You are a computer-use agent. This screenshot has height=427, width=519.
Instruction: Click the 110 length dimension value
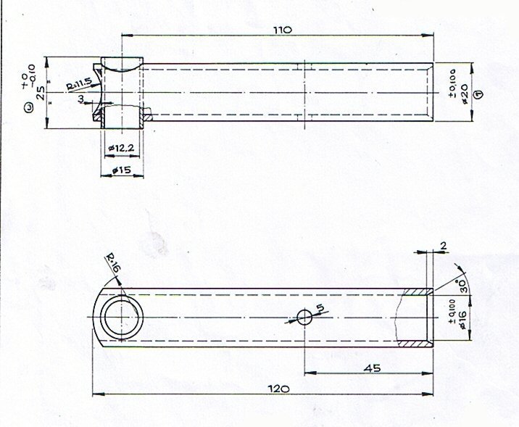pos(282,30)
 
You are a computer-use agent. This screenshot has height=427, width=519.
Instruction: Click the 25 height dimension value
pos(40,93)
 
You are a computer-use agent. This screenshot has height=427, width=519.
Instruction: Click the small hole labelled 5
pos(305,316)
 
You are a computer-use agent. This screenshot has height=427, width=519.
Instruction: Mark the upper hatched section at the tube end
pos(418,291)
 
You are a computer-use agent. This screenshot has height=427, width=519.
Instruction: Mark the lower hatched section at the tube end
pos(418,341)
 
